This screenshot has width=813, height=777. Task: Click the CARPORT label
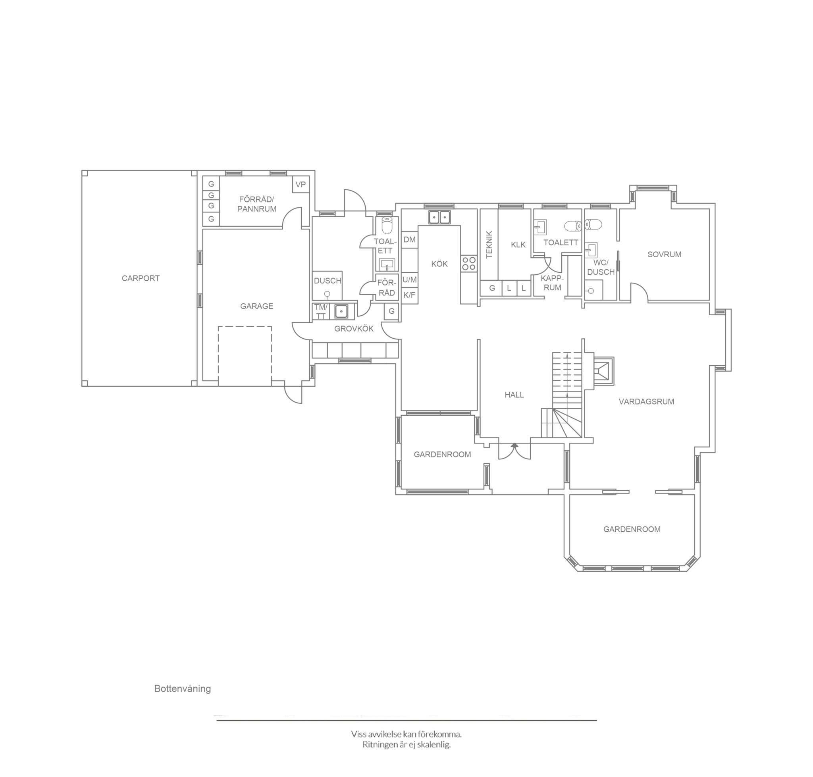[141, 278]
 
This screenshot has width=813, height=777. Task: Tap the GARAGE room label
[257, 306]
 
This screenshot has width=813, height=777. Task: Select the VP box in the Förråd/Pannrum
[301, 184]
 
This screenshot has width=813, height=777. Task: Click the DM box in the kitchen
[410, 239]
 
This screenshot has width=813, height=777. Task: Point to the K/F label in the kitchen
[409, 295]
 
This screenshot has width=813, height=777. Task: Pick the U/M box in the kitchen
[410, 280]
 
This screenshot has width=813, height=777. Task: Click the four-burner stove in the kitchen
[469, 263]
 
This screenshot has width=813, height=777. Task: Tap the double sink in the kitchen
[439, 217]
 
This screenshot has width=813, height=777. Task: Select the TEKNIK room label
[489, 244]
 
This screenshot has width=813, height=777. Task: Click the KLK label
[518, 245]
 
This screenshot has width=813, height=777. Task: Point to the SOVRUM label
[664, 255]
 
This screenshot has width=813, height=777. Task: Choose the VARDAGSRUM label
[647, 401]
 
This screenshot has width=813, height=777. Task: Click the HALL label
[514, 395]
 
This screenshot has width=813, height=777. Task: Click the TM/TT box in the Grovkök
[321, 311]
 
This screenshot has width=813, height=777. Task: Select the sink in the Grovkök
[341, 310]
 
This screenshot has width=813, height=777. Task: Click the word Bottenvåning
[183, 688]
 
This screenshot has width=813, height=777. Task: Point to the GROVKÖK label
[354, 328]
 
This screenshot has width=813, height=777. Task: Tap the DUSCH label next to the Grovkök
[328, 280]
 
